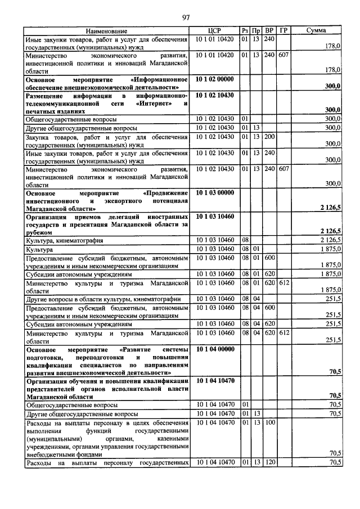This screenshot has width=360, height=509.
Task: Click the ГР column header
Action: pos(283,30)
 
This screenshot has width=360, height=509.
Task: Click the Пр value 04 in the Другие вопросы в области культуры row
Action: pos(256,298)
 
